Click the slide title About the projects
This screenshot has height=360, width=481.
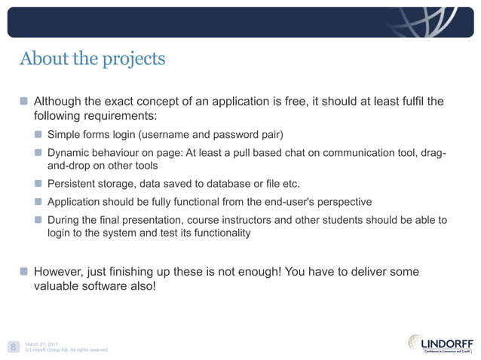tap(92, 58)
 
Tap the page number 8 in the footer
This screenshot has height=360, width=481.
tap(13, 346)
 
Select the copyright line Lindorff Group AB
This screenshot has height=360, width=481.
tap(68, 350)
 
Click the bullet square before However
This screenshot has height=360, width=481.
tap(25, 271)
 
